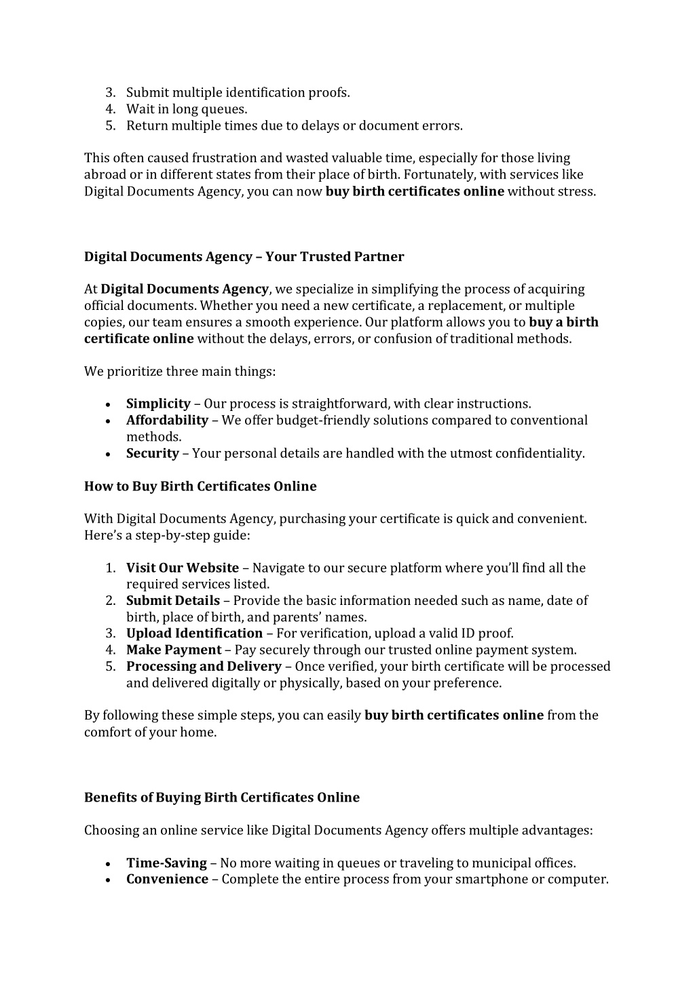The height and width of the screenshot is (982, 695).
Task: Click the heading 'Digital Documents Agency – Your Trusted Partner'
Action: click(244, 257)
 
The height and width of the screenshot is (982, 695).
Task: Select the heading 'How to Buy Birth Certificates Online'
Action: click(200, 486)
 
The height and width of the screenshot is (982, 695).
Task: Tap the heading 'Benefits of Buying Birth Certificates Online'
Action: click(222, 798)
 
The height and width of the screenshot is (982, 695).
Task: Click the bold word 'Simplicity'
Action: click(158, 404)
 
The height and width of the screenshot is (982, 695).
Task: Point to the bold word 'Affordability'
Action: click(167, 420)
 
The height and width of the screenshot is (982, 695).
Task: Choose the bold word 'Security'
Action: click(153, 454)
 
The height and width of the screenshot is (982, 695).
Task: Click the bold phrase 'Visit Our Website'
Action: click(183, 568)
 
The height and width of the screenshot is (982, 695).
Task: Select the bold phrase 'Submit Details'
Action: click(173, 601)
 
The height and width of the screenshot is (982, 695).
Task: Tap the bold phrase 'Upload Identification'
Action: click(194, 633)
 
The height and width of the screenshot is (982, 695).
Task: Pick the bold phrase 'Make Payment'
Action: click(174, 650)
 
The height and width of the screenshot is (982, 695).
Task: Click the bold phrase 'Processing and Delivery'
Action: click(204, 667)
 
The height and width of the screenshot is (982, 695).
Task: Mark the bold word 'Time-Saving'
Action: click(166, 863)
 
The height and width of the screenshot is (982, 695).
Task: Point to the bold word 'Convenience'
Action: click(167, 880)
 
